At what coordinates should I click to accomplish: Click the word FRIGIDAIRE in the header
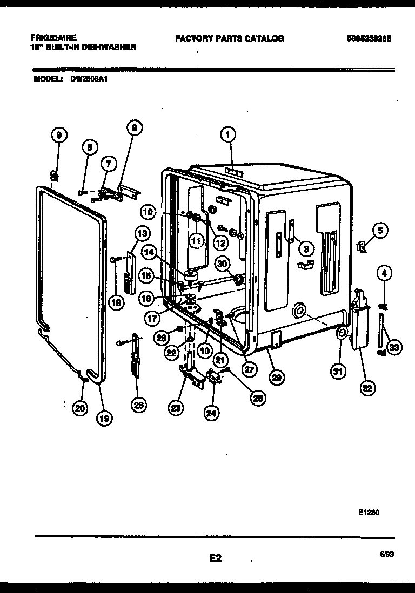click(53, 38)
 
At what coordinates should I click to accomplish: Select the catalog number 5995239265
click(370, 39)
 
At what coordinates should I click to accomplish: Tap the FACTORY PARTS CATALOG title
click(229, 39)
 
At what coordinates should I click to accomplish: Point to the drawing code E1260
click(368, 513)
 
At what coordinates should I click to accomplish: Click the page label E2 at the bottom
click(216, 558)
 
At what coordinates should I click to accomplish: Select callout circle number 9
click(59, 135)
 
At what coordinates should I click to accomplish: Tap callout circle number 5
click(379, 231)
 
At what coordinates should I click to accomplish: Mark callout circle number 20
click(80, 409)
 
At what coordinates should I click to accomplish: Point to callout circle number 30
click(222, 264)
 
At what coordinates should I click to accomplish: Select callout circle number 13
click(142, 234)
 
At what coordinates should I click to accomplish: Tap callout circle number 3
click(305, 248)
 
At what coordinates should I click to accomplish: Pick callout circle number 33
click(394, 348)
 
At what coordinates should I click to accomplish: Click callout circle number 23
click(175, 409)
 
